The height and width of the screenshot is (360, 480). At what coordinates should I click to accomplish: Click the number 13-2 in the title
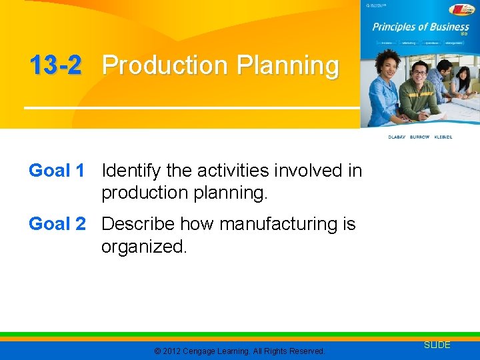[55, 65]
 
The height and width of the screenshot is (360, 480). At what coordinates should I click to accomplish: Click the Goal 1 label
[57, 171]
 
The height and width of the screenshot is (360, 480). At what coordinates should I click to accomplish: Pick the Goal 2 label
[57, 224]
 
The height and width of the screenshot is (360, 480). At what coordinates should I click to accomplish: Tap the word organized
[144, 247]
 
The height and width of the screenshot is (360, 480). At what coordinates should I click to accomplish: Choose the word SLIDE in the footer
[437, 345]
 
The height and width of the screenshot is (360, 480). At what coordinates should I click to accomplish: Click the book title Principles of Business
[419, 27]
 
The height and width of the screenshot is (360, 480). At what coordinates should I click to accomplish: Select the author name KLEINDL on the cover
[443, 137]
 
